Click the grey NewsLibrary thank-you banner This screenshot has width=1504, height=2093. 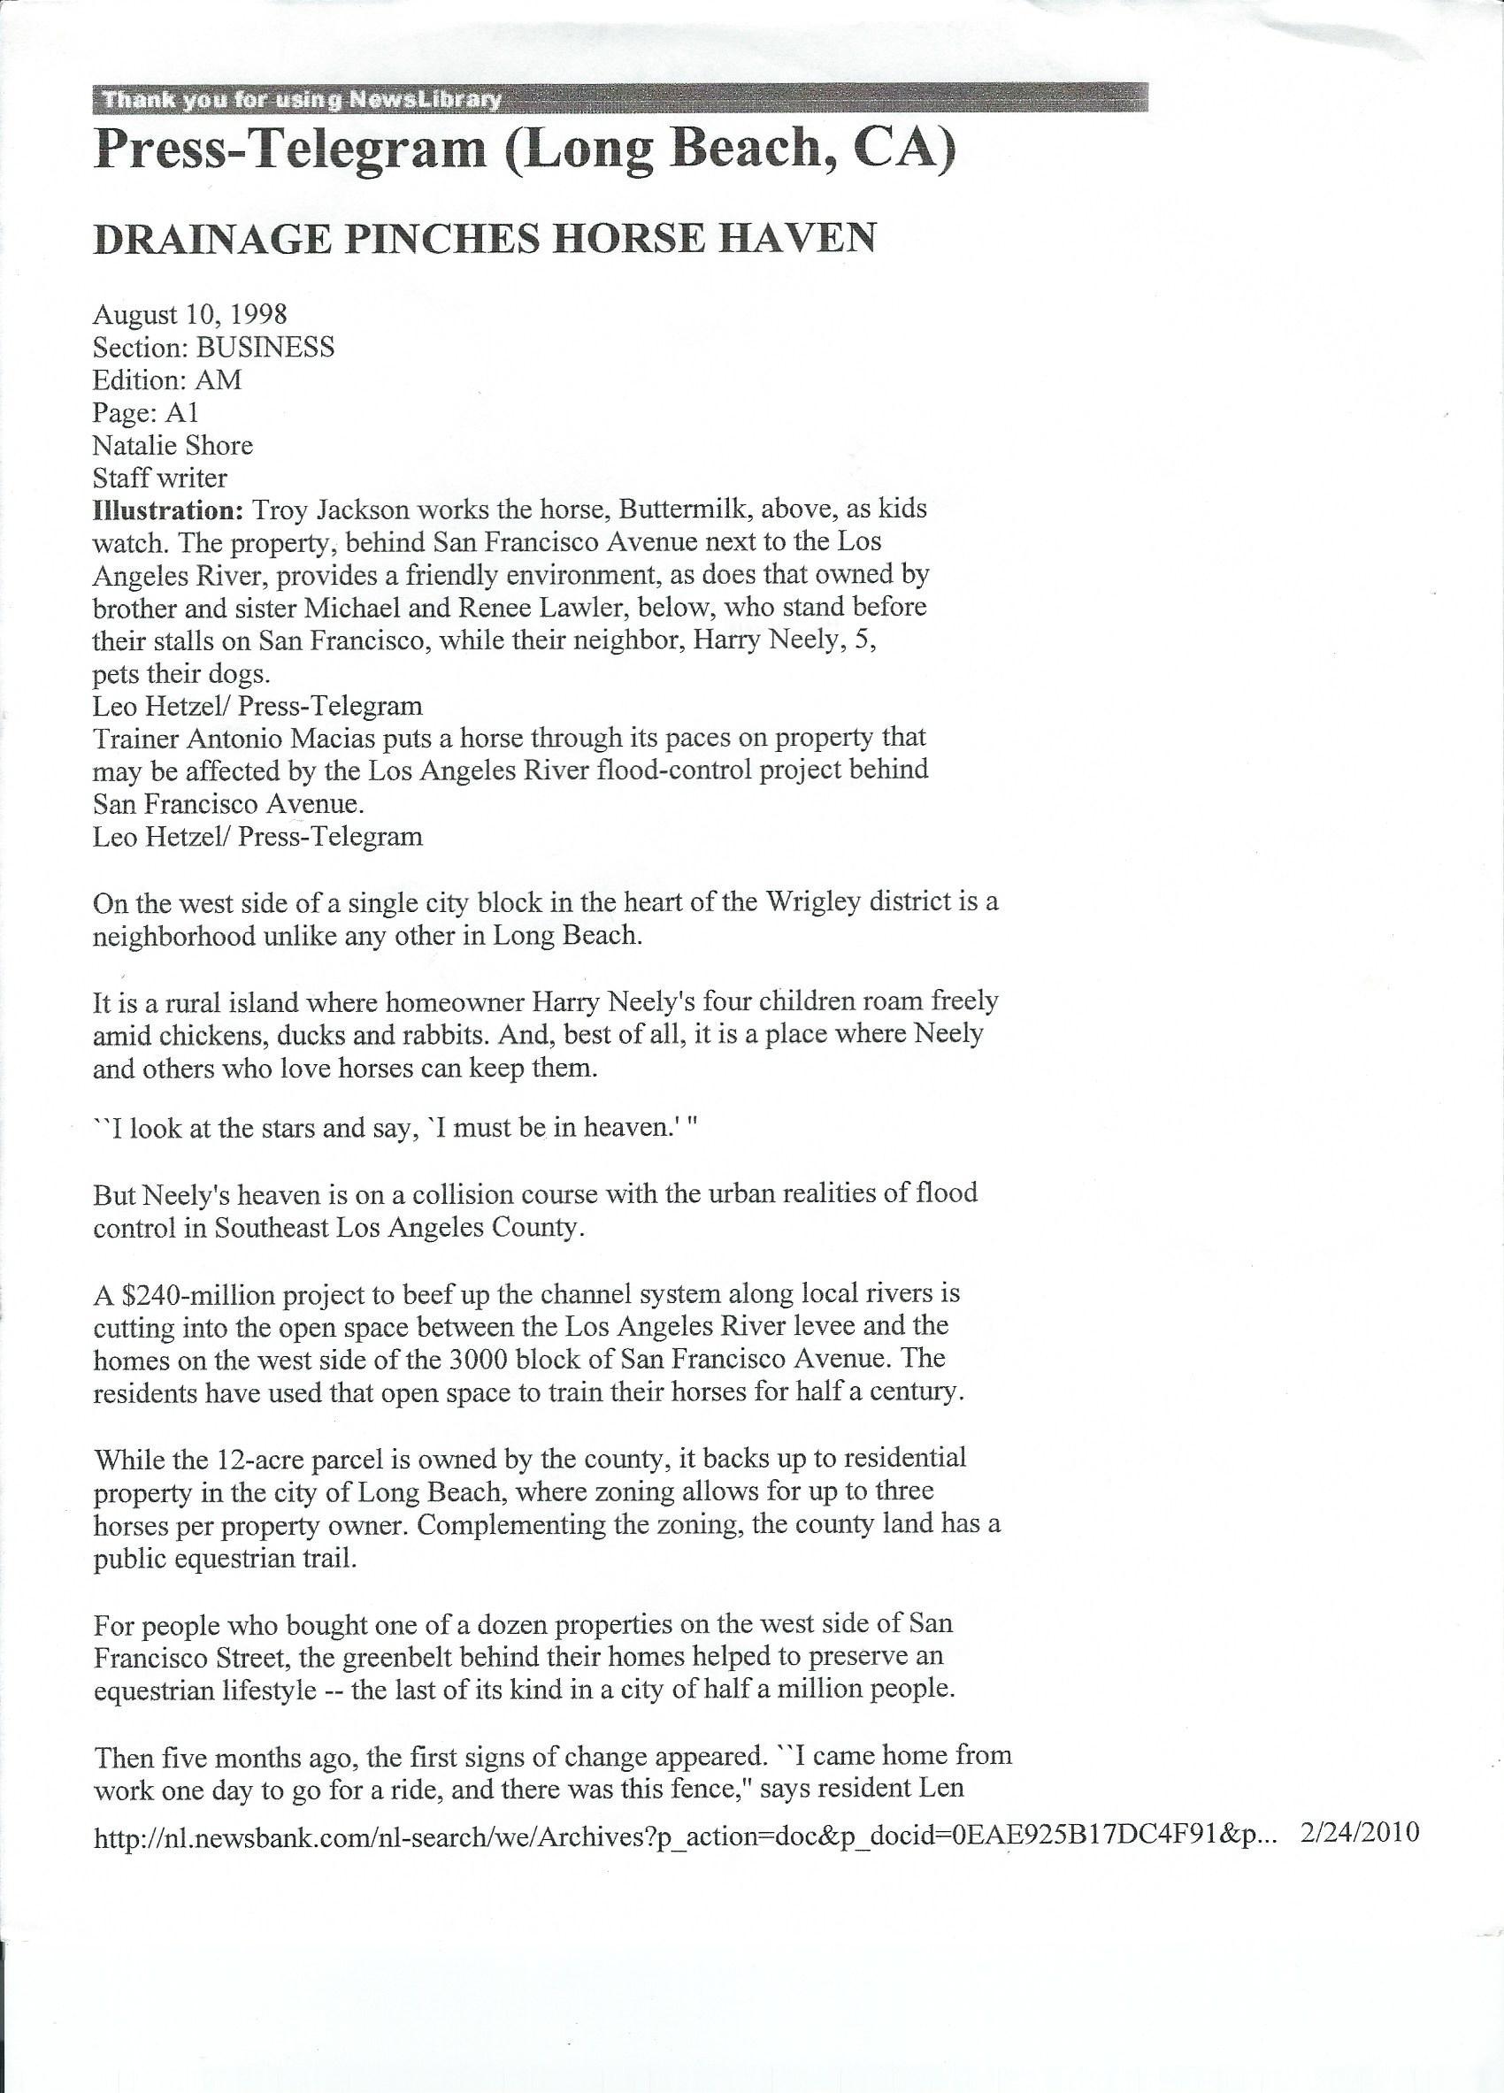click(620, 99)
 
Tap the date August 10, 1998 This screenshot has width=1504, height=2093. click(189, 315)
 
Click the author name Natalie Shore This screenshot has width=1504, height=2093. click(173, 446)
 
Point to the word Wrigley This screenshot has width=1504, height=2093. click(796, 901)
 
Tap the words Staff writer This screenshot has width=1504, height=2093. click(159, 478)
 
